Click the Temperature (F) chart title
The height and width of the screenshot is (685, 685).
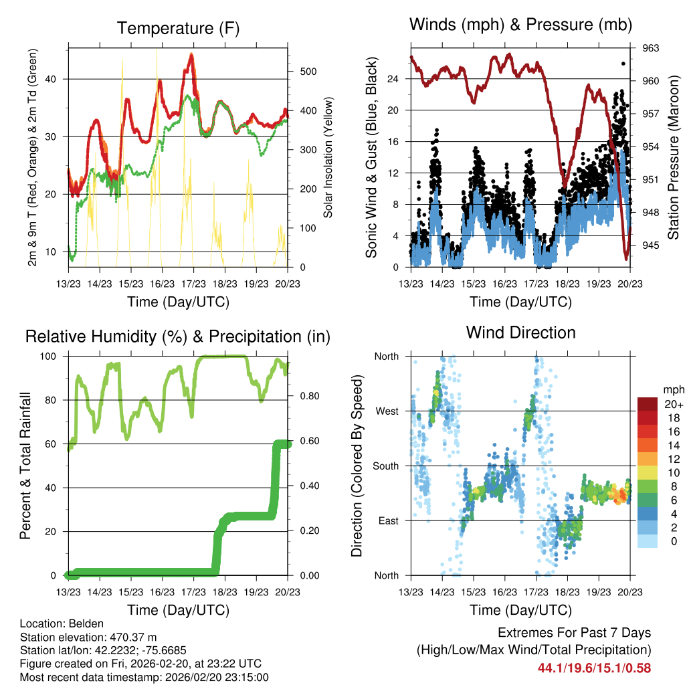178,28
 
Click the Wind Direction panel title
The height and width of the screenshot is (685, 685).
520,332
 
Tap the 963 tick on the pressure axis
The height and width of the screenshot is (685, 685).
652,48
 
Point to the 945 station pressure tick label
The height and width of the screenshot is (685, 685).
652,245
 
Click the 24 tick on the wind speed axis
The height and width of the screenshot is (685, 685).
393,78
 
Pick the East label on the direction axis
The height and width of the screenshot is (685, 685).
387,520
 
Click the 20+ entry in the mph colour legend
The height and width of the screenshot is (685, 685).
672,404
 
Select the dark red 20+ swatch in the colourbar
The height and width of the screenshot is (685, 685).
647,404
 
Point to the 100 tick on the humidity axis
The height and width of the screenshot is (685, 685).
52,356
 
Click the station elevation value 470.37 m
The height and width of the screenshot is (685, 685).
136,637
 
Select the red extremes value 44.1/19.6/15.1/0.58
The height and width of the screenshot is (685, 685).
593,668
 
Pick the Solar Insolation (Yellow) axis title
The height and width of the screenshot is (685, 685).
328,157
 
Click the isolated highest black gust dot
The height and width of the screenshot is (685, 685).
623,64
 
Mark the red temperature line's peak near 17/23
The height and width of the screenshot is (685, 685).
191,55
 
